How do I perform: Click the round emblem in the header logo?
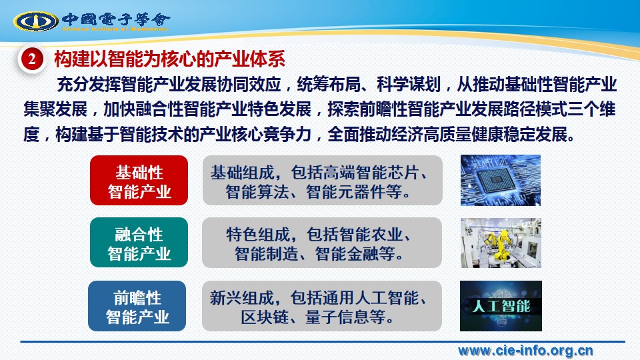pyautogui.click(x=35, y=21)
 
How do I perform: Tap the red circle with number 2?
pyautogui.click(x=31, y=59)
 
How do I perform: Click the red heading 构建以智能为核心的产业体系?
pyautogui.click(x=170, y=59)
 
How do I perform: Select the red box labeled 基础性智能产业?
pyautogui.click(x=139, y=181)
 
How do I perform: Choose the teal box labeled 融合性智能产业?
pyautogui.click(x=139, y=243)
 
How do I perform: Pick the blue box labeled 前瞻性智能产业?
pyautogui.click(x=137, y=306)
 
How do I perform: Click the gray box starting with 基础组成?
pyautogui.click(x=323, y=181)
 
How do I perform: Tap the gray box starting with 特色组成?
pyautogui.click(x=322, y=243)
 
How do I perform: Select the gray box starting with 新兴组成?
pyautogui.click(x=322, y=306)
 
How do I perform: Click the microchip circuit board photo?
pyautogui.click(x=501, y=180)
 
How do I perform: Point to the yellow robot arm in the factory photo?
pyautogui.click(x=501, y=244)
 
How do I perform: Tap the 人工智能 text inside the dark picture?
pyautogui.click(x=501, y=306)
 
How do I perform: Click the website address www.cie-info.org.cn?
pyautogui.click(x=525, y=351)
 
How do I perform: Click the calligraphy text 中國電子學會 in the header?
pyautogui.click(x=115, y=19)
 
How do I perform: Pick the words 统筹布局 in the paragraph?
pyautogui.click(x=329, y=85)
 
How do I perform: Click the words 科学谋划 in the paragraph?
pyautogui.click(x=409, y=85)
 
